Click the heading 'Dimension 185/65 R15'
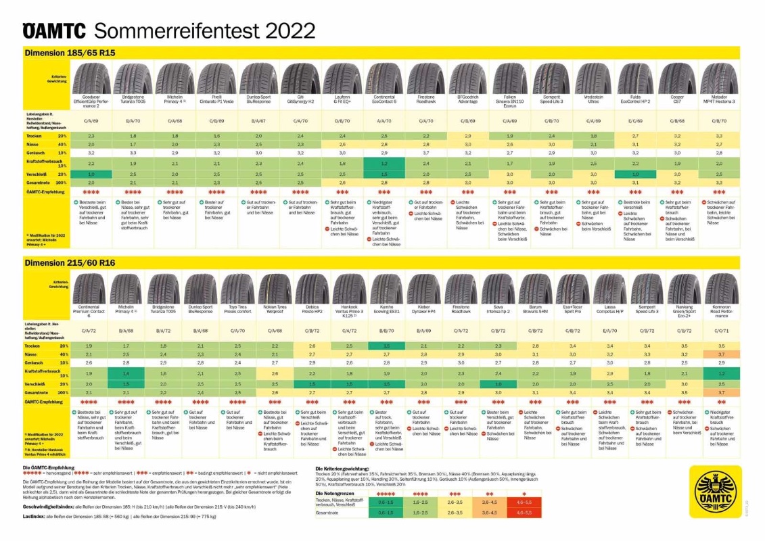(x=62, y=53)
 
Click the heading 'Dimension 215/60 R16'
(x=62, y=263)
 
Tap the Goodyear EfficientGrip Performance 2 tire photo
(x=91, y=78)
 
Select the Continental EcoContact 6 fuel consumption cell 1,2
(x=384, y=164)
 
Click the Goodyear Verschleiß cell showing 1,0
(x=91, y=174)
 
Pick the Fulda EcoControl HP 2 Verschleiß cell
(x=636, y=174)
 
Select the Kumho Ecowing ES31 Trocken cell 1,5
(x=385, y=346)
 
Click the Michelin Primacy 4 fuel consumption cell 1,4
(x=126, y=373)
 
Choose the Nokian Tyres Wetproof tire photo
(x=274, y=289)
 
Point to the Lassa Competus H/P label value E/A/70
(x=609, y=331)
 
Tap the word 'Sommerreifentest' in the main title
(x=176, y=30)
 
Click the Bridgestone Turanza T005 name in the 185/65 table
(x=133, y=101)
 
